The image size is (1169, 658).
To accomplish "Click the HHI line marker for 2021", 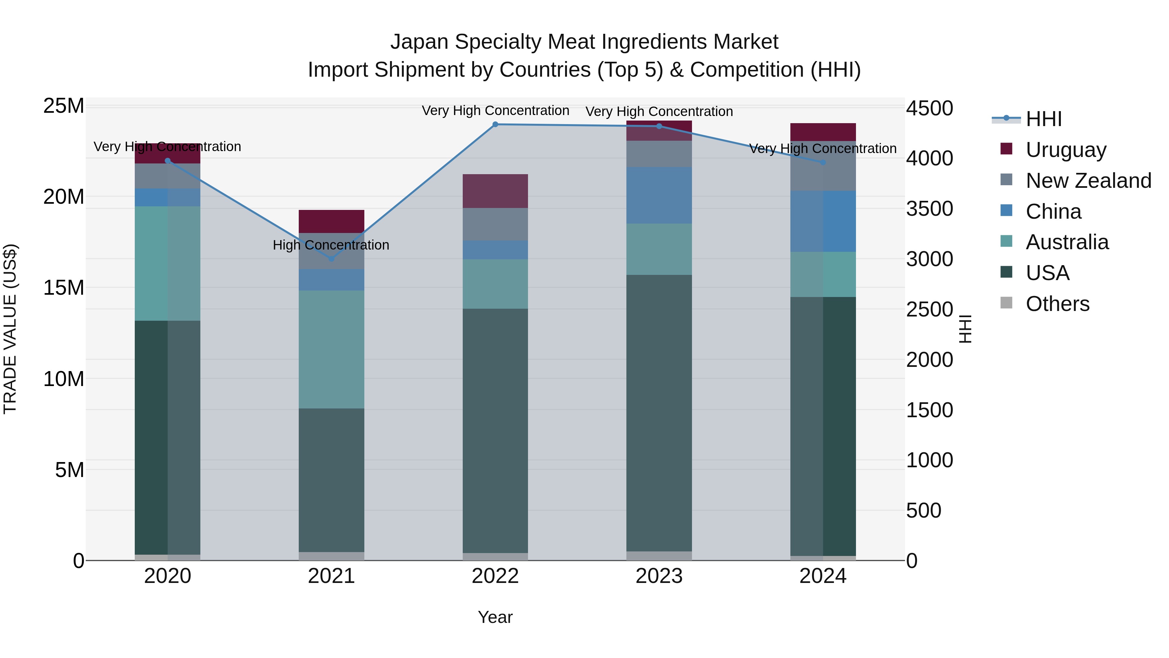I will pyautogui.click(x=331, y=258).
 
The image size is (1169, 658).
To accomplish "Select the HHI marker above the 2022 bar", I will pyautogui.click(x=495, y=124).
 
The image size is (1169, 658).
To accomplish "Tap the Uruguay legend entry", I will pyautogui.click(x=1065, y=150).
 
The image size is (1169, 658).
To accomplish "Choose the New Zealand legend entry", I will pyautogui.click(x=1088, y=181).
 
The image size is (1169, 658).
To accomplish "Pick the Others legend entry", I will pyautogui.click(x=1057, y=304).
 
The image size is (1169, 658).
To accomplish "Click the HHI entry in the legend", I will pyautogui.click(x=1043, y=119).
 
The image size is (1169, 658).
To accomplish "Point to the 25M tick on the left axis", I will pyautogui.click(x=64, y=106).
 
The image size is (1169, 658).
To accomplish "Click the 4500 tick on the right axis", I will pyautogui.click(x=929, y=109).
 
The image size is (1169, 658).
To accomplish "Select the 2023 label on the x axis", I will pyautogui.click(x=659, y=576).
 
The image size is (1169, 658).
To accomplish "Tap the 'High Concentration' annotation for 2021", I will pyautogui.click(x=331, y=245).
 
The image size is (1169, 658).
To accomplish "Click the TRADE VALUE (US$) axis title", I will pyautogui.click(x=10, y=329).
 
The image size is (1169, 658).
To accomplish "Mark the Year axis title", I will pyautogui.click(x=495, y=617).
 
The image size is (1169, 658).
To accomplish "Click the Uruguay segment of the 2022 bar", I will pyautogui.click(x=495, y=191).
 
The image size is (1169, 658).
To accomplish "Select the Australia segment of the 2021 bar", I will pyautogui.click(x=331, y=349).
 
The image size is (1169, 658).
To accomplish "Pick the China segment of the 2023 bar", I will pyautogui.click(x=659, y=195).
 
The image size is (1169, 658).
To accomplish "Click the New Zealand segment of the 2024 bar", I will pyautogui.click(x=823, y=166).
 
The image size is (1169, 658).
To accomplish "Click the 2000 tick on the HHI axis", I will pyautogui.click(x=929, y=360).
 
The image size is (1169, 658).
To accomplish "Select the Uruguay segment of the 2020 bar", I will pyautogui.click(x=168, y=153).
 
